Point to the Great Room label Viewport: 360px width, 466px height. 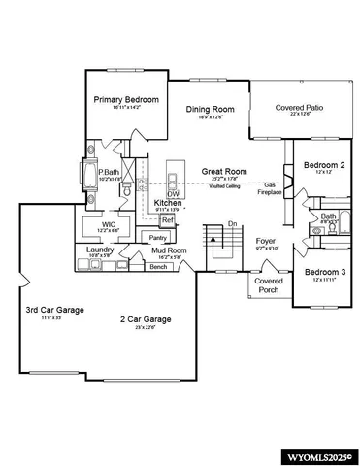(224, 172)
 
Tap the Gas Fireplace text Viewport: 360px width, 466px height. (270, 188)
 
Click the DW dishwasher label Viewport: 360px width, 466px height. (173, 193)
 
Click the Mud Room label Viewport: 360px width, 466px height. (170, 250)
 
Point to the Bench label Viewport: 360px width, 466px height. (158, 266)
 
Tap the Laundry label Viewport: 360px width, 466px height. (100, 250)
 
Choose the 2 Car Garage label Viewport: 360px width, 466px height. (147, 319)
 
